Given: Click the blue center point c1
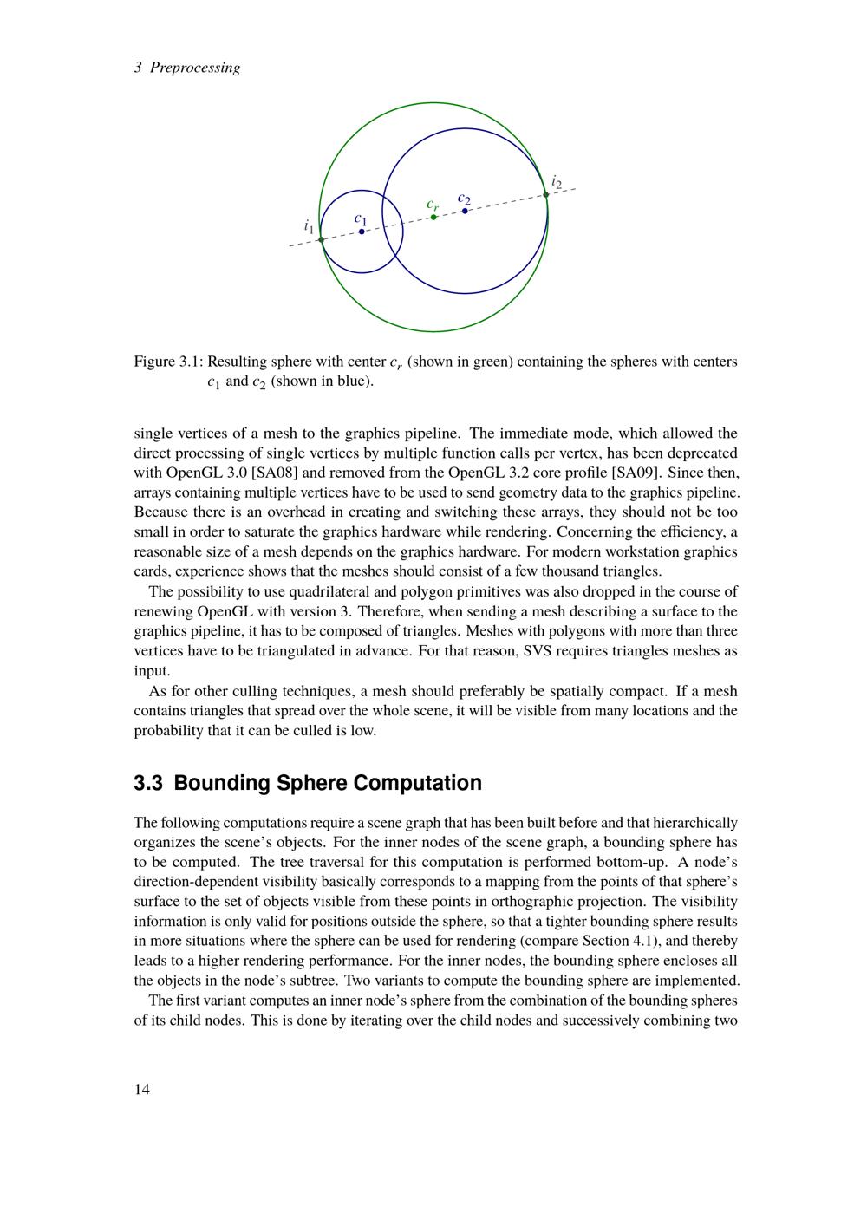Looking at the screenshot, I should click(x=362, y=232).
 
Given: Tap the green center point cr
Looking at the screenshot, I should click(x=433, y=217).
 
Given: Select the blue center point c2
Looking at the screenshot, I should click(x=465, y=211).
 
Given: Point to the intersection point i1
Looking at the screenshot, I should click(x=321, y=239).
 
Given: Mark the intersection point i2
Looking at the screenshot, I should click(x=546, y=195).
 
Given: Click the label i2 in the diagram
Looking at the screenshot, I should click(x=557, y=183).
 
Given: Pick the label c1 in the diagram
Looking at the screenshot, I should click(x=361, y=220).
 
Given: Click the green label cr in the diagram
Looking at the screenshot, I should click(x=433, y=205).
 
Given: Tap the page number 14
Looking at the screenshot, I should click(x=141, y=1090).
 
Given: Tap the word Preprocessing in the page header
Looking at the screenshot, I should click(x=195, y=68).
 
